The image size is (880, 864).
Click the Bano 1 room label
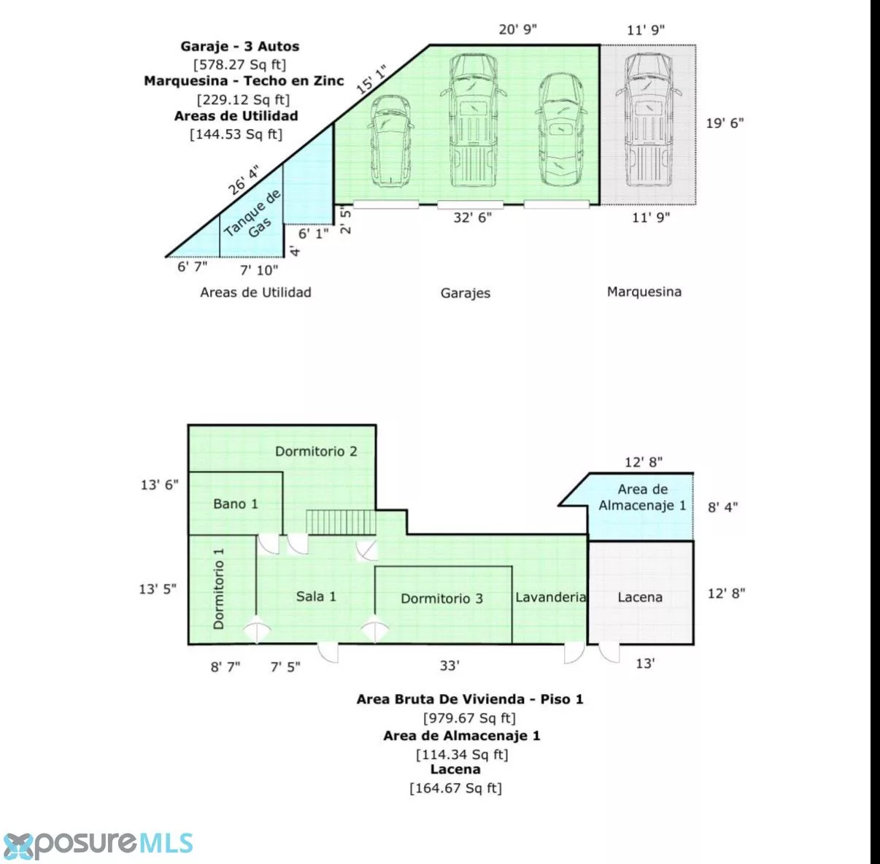coord(236,504)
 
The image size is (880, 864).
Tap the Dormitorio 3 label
coord(441,598)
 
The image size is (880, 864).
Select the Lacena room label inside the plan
coord(640,597)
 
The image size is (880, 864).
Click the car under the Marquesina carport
coord(649,120)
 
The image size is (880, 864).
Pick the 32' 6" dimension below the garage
coord(472,217)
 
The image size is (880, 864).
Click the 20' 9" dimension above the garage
coord(517,29)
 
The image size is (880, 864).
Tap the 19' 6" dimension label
coord(725,123)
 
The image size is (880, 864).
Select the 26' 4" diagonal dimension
coord(244,180)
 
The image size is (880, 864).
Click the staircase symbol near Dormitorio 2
coord(341,522)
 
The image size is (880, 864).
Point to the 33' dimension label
coord(449,666)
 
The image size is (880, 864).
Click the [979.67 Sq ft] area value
coord(469,717)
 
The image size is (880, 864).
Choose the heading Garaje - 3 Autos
coord(240,46)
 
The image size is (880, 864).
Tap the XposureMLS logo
coord(97,843)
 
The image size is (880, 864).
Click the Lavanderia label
coord(550,597)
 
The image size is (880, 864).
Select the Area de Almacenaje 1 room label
coord(642,497)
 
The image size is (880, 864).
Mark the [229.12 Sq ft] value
coord(243,99)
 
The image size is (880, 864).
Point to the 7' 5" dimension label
coord(285,667)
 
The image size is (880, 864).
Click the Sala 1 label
coord(316,595)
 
